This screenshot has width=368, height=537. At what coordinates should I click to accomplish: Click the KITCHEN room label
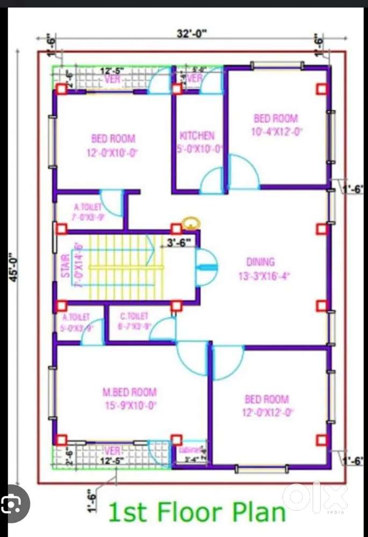(197, 136)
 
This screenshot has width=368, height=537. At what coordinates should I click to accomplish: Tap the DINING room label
(261, 262)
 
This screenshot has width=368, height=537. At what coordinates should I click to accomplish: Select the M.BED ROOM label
(129, 392)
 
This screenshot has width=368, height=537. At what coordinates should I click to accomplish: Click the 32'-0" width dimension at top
(192, 34)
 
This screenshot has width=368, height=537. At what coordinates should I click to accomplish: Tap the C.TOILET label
(133, 317)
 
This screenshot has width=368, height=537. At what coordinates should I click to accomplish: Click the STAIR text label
(66, 266)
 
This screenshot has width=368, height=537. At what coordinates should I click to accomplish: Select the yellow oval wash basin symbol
(190, 222)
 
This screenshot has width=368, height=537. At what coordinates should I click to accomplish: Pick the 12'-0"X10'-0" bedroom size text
(113, 153)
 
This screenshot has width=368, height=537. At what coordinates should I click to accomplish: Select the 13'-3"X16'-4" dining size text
(261, 276)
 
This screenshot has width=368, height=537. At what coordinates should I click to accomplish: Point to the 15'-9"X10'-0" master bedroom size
(129, 405)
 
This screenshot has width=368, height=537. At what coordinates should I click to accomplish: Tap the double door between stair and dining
(206, 267)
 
